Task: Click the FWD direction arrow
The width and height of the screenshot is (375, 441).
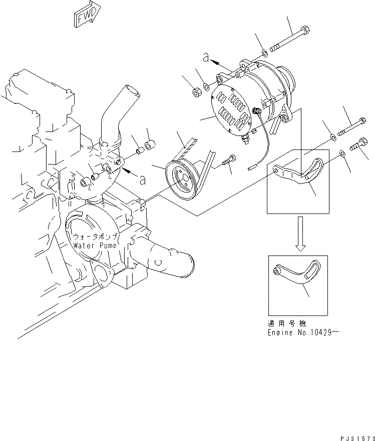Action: coord(87,16)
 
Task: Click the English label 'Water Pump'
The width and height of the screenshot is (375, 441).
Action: coord(95,245)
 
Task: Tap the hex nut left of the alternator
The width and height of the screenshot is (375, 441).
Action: coord(197,92)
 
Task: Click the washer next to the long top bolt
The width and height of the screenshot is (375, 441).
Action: coord(264,53)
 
